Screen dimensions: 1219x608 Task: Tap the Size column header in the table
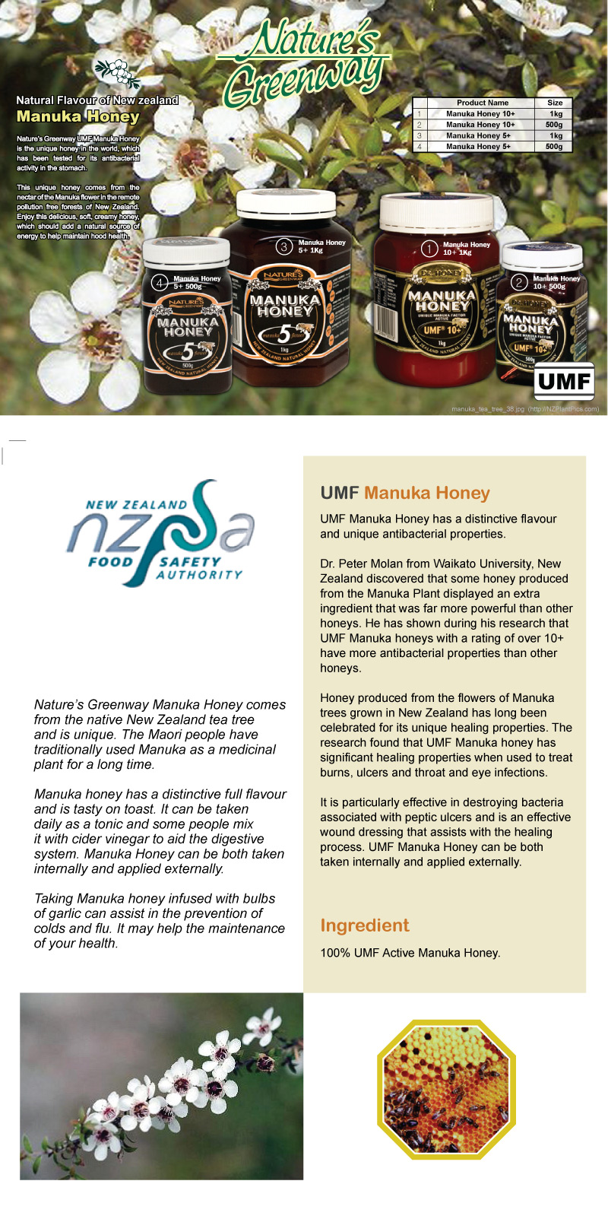click(555, 103)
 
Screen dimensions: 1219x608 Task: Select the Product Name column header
click(483, 103)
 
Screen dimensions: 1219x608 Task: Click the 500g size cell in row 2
click(555, 125)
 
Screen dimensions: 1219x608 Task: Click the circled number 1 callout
click(430, 249)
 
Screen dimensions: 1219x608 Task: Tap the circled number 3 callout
click(284, 246)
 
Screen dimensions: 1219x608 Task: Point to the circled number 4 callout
click(160, 283)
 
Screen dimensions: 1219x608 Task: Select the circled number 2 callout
click(520, 283)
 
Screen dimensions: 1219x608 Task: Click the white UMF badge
click(563, 381)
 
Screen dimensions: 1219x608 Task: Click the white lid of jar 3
click(285, 204)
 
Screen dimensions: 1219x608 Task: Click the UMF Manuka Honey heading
click(404, 493)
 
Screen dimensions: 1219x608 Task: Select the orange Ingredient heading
click(364, 925)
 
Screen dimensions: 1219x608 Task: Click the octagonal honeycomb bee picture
click(447, 1089)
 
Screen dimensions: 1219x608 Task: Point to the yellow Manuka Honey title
click(78, 116)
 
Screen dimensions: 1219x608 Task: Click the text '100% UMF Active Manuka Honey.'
click(410, 953)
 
